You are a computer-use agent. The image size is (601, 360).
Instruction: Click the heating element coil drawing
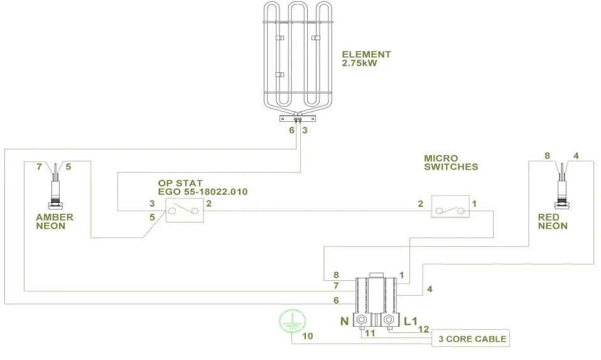point(297,57)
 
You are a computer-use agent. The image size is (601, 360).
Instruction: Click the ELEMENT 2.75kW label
point(366,59)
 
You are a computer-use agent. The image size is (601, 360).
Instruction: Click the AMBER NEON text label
point(54,222)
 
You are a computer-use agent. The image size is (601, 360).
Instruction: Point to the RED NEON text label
point(553,222)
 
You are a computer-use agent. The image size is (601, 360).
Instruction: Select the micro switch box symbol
point(450,206)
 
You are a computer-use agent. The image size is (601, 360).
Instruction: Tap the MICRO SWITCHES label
point(451,163)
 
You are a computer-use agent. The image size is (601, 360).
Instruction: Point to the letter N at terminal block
point(344,321)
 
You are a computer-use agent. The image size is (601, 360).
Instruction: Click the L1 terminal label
point(411,321)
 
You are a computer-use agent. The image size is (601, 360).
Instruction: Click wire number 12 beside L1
point(423,329)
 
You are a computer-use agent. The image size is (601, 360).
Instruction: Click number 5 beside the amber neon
point(68,167)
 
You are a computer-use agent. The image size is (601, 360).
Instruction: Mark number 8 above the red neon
point(547,155)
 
